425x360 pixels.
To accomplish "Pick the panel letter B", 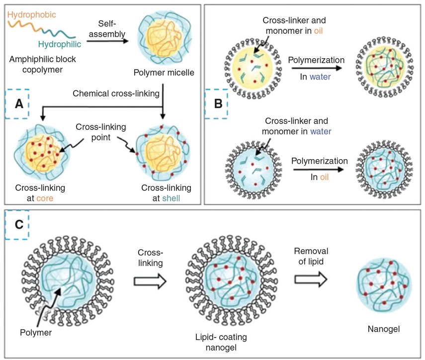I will (218, 104).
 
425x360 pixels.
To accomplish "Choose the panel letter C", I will (18, 224).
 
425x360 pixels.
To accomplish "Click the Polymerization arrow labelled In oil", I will (318, 170).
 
